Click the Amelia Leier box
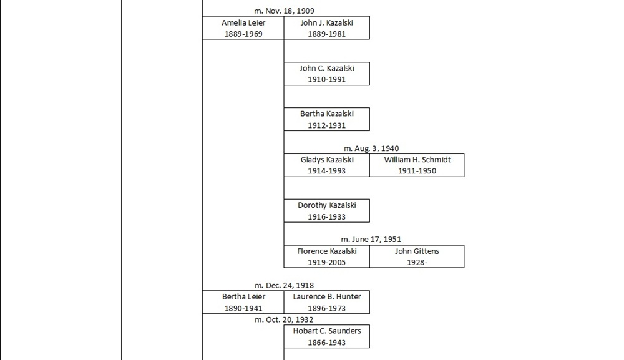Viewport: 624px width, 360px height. pos(243,28)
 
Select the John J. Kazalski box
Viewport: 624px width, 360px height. pos(326,28)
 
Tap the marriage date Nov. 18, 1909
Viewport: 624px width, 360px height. pos(284,11)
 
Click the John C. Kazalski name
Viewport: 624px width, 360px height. pos(326,68)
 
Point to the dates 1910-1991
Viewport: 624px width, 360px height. pos(326,80)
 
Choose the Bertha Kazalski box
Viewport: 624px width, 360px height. pos(326,119)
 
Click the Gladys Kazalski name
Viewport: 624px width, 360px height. pos(326,160)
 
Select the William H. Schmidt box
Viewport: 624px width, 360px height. pos(417,165)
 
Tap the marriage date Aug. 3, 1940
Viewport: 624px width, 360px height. pos(371,148)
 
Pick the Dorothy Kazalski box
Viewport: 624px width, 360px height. pos(326,211)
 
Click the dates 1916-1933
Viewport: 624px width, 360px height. pos(326,217)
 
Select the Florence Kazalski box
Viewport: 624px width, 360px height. pos(326,256)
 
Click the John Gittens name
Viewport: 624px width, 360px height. pos(417,251)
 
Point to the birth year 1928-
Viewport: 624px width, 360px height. pos(417,263)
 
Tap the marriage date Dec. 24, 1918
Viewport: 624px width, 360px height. pos(284,286)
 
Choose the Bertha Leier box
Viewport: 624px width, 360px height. pos(243,302)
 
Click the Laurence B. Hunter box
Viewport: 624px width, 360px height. pos(326,302)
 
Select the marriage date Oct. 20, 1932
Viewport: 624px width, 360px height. pos(284,319)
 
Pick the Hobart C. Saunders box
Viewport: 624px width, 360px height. pos(326,336)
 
